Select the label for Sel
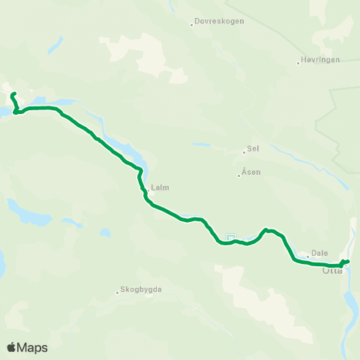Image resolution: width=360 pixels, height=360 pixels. (253, 148)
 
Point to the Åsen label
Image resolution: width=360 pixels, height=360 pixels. (251, 172)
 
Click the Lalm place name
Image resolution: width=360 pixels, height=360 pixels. (158, 189)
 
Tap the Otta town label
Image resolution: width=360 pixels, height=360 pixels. (332, 271)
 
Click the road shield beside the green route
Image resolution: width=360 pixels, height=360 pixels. (231, 238)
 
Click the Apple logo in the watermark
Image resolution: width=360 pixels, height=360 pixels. (12, 347)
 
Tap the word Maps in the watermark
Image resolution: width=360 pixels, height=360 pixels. (32, 347)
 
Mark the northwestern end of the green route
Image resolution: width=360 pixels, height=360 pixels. (12, 94)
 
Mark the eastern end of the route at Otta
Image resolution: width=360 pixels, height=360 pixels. (348, 261)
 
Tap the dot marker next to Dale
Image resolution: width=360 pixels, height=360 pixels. (307, 256)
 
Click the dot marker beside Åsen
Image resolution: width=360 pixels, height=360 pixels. (239, 175)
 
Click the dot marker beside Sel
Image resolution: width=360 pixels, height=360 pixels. (244, 151)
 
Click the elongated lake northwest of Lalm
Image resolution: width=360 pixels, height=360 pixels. (120, 149)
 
